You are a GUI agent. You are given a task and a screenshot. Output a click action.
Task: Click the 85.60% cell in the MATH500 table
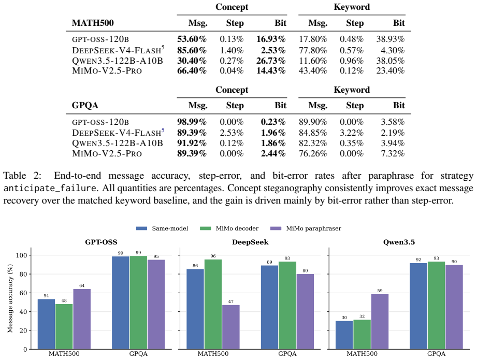point(192,50)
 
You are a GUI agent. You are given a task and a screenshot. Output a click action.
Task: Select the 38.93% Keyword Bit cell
point(391,39)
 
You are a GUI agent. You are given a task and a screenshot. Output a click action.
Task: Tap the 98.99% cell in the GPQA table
point(192,122)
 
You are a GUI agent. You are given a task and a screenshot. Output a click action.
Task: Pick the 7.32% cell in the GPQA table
point(393,153)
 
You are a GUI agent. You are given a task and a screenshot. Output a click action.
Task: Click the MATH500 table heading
point(93,23)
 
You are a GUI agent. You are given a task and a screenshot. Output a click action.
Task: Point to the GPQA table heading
point(85,106)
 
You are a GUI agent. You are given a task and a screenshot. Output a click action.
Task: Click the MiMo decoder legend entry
point(229,228)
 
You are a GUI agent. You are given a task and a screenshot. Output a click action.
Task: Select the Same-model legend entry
point(162,228)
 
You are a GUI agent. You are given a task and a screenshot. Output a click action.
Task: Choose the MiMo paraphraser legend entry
point(306,228)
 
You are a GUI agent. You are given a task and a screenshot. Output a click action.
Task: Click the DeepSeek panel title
point(250,242)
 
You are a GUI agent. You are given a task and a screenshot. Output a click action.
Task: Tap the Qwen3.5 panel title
point(399,242)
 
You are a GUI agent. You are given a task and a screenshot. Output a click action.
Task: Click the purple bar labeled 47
point(231,327)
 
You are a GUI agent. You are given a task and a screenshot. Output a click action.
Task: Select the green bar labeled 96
point(213,304)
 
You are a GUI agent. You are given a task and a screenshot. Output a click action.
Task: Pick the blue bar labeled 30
point(344,335)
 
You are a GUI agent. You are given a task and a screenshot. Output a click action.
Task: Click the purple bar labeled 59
point(380,322)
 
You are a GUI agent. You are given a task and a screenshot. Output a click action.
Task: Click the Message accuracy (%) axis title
point(10,298)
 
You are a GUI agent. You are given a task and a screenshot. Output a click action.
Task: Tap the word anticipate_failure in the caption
point(50,188)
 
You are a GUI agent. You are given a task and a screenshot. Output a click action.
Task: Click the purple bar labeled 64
point(82,319)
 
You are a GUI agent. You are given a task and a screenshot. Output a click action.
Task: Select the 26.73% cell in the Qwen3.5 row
point(271,61)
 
